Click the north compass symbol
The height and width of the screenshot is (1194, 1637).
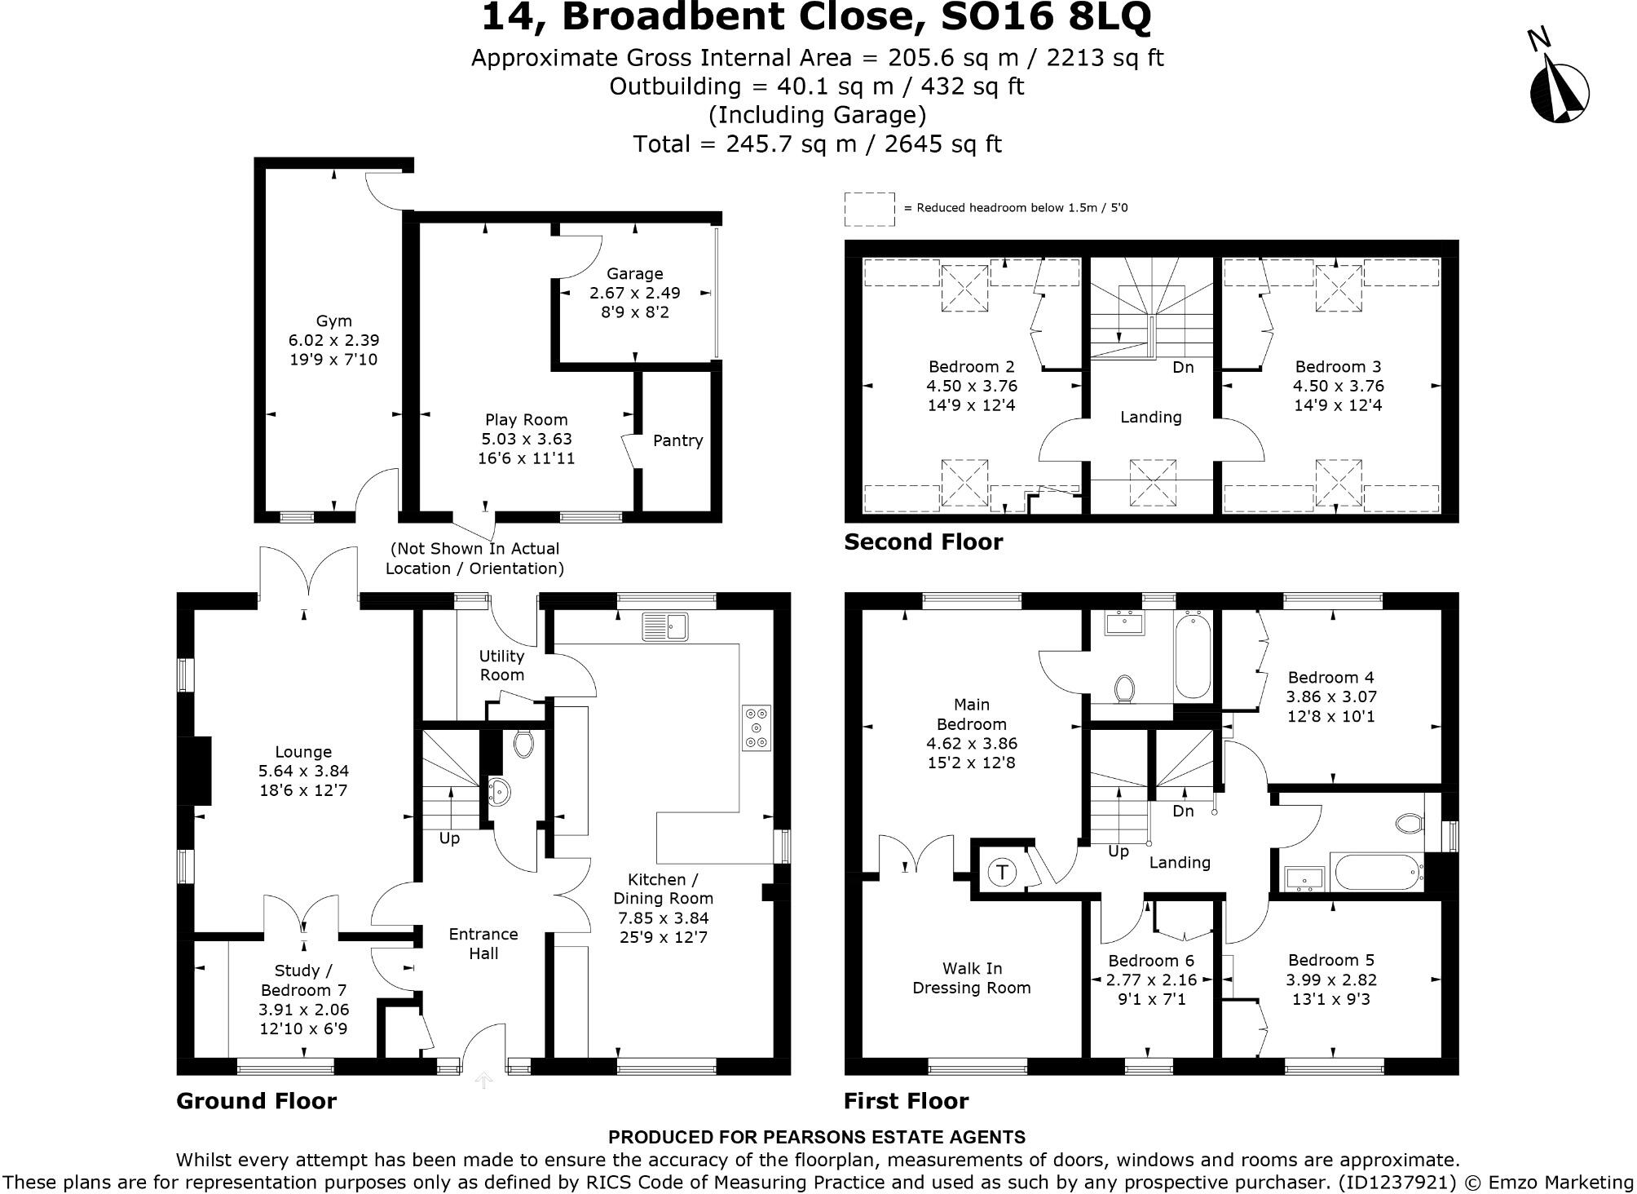pos(1559,91)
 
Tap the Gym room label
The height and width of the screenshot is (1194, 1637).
pos(333,321)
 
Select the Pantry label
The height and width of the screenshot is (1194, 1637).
pos(677,440)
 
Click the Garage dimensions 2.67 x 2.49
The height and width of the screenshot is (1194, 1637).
pos(634,293)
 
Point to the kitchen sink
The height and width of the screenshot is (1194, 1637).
pos(665,626)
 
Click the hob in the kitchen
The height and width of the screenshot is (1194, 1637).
pos(757,727)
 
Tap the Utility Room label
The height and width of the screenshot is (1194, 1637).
pos(501,665)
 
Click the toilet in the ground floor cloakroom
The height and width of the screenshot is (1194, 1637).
pos(523,742)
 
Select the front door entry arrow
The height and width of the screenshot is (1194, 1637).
pos(483,1081)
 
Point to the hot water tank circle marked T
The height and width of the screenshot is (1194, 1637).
pos(1002,872)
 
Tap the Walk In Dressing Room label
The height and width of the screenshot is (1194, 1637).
pos(971,978)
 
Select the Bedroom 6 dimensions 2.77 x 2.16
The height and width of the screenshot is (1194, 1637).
pos(1150,980)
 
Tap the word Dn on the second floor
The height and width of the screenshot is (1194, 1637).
pos(1183,368)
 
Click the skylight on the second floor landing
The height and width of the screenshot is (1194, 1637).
pos(1152,482)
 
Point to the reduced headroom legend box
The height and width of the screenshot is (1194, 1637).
pos(869,209)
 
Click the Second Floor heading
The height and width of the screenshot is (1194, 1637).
pos(923,542)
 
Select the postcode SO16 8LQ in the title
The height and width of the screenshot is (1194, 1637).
pos(1046,18)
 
